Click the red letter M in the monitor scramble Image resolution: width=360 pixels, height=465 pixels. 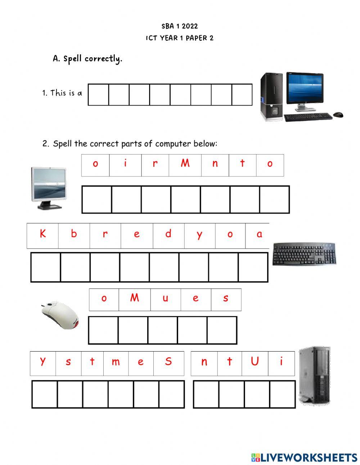click(185, 164)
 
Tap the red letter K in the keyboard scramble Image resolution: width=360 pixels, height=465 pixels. click(42, 234)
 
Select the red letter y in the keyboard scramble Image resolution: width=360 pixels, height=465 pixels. click(199, 235)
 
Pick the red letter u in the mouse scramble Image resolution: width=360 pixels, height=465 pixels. click(165, 299)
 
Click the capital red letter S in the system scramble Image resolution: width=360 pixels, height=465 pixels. click(168, 361)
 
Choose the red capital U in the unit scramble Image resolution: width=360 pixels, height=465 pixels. click(255, 361)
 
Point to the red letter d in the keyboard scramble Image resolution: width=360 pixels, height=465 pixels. click(168, 234)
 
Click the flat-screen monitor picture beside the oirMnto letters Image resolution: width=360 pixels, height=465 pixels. click(49, 187)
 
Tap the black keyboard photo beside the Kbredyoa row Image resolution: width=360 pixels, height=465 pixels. click(304, 254)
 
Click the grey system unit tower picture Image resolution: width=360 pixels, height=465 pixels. click(314, 375)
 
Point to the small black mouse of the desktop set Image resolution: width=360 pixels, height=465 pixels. click(338, 115)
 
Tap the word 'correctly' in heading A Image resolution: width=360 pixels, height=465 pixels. click(103, 59)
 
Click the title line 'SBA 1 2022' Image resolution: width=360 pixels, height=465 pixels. click(180, 26)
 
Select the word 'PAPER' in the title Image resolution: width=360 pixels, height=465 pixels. click(196, 38)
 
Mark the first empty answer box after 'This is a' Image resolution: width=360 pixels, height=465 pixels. click(98, 95)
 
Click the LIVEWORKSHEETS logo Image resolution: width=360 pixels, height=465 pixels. click(304, 457)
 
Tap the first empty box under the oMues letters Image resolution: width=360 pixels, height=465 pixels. click(103, 330)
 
